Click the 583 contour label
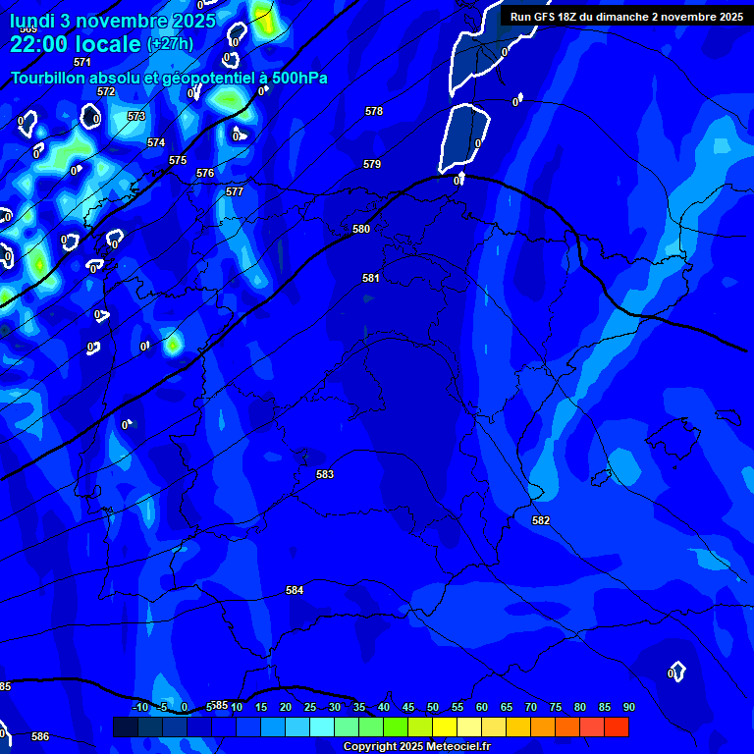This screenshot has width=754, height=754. [x=325, y=474]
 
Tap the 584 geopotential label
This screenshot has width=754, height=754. [x=295, y=590]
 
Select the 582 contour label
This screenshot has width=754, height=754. [x=541, y=520]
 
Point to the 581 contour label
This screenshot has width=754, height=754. [x=370, y=278]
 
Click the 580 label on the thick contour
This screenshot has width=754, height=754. [x=361, y=229]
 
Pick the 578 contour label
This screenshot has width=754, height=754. [x=374, y=111]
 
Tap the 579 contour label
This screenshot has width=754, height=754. [x=372, y=164]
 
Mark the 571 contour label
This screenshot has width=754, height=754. [x=82, y=62]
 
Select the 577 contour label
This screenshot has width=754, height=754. [x=235, y=191]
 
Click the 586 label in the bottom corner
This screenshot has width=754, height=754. [x=40, y=736]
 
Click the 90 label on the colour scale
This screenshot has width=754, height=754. [x=628, y=707]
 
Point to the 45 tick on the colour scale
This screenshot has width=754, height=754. [x=407, y=707]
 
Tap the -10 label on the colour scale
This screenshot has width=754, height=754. [x=139, y=707]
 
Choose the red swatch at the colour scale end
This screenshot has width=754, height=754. [x=616, y=727]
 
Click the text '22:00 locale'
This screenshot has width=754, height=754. [x=76, y=44]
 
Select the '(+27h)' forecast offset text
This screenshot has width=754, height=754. [x=170, y=44]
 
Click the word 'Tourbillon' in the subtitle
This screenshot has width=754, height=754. [x=49, y=78]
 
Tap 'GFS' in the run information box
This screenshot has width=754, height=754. [x=552, y=17]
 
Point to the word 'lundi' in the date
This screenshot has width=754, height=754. [x=32, y=21]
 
